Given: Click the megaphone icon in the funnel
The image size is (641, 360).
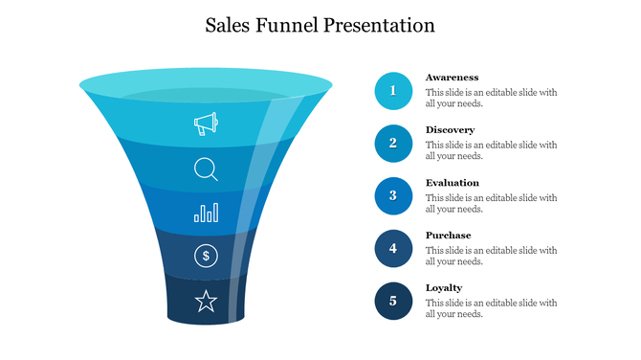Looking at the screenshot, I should click(x=206, y=124).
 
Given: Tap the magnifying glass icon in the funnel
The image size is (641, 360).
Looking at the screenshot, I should click(x=206, y=169).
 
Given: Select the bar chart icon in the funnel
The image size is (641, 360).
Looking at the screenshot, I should click(x=206, y=213).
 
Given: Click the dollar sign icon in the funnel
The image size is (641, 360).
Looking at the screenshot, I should click(x=207, y=256).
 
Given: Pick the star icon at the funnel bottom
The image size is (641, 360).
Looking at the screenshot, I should click(x=206, y=303).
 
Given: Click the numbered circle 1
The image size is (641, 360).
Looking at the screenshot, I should click(x=393, y=91).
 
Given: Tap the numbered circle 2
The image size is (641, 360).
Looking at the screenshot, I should click(x=393, y=144).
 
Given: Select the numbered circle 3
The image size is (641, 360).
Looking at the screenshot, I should click(x=393, y=196).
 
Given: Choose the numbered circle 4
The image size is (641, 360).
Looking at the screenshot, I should click(x=393, y=249).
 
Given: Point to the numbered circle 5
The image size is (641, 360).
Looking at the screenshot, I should click(x=393, y=302).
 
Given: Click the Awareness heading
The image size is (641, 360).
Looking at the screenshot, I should click(x=452, y=78).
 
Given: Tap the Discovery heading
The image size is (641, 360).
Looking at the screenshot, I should click(x=450, y=130).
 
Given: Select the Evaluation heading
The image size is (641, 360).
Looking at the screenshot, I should click(x=453, y=183).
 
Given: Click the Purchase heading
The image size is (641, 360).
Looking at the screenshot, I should click(x=448, y=236).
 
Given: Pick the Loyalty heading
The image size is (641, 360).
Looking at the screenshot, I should click(x=444, y=288).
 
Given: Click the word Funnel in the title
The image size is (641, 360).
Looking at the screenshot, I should click(x=289, y=26).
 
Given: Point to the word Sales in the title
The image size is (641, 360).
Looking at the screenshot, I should click(x=230, y=26).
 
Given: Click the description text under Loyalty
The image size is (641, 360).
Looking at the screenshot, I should click(x=491, y=308).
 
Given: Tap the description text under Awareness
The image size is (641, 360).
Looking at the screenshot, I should click(x=491, y=98).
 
